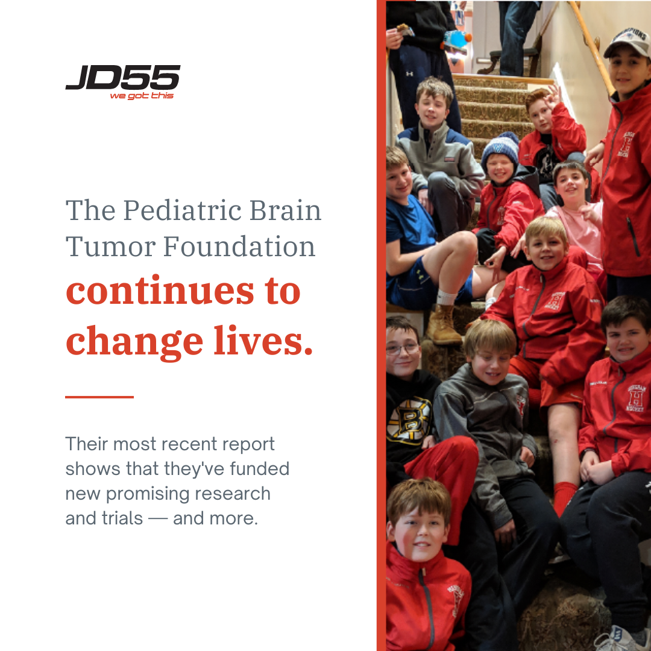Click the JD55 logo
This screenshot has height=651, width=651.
click(122, 78)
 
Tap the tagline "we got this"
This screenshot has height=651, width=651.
click(141, 96)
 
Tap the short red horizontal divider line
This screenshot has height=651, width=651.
click(99, 397)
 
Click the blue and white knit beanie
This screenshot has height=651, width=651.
click(500, 148)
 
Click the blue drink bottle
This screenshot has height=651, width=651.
click(456, 39)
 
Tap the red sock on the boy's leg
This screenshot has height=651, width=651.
click(565, 497)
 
